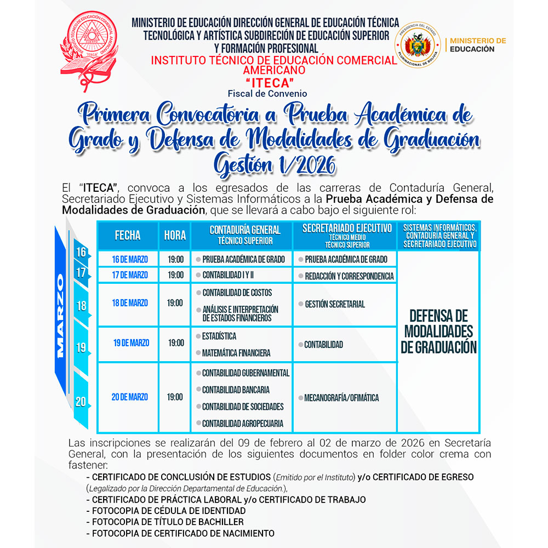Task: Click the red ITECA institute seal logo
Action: [89, 45]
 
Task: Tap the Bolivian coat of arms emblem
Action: [419, 48]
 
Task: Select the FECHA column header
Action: [128, 236]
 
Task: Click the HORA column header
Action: [175, 236]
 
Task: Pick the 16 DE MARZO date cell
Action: [130, 259]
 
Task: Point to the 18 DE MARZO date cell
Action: [130, 303]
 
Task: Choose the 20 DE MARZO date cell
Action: [130, 397]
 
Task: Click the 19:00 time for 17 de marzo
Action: [175, 275]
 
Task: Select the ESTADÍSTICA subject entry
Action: [219, 336]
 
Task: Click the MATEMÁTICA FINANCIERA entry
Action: [236, 353]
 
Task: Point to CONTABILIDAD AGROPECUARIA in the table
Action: [243, 424]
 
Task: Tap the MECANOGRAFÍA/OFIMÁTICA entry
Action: [341, 398]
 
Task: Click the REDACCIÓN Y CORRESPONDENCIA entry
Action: [349, 276]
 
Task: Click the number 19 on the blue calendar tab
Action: [81, 347]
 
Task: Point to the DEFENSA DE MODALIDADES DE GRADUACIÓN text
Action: [439, 331]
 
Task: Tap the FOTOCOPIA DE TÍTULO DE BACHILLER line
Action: [168, 522]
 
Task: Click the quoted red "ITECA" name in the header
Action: [267, 82]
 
